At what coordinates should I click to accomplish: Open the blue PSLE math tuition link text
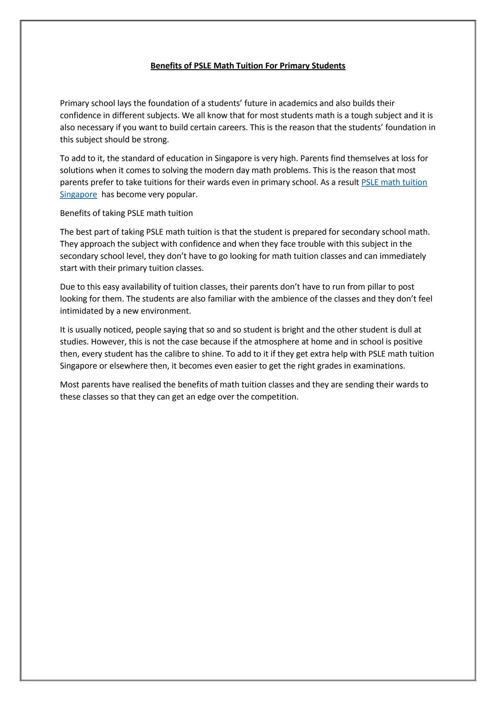(394, 182)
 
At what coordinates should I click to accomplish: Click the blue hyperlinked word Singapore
(78, 194)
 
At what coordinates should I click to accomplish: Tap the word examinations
(379, 366)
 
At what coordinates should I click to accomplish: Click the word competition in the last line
(275, 397)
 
